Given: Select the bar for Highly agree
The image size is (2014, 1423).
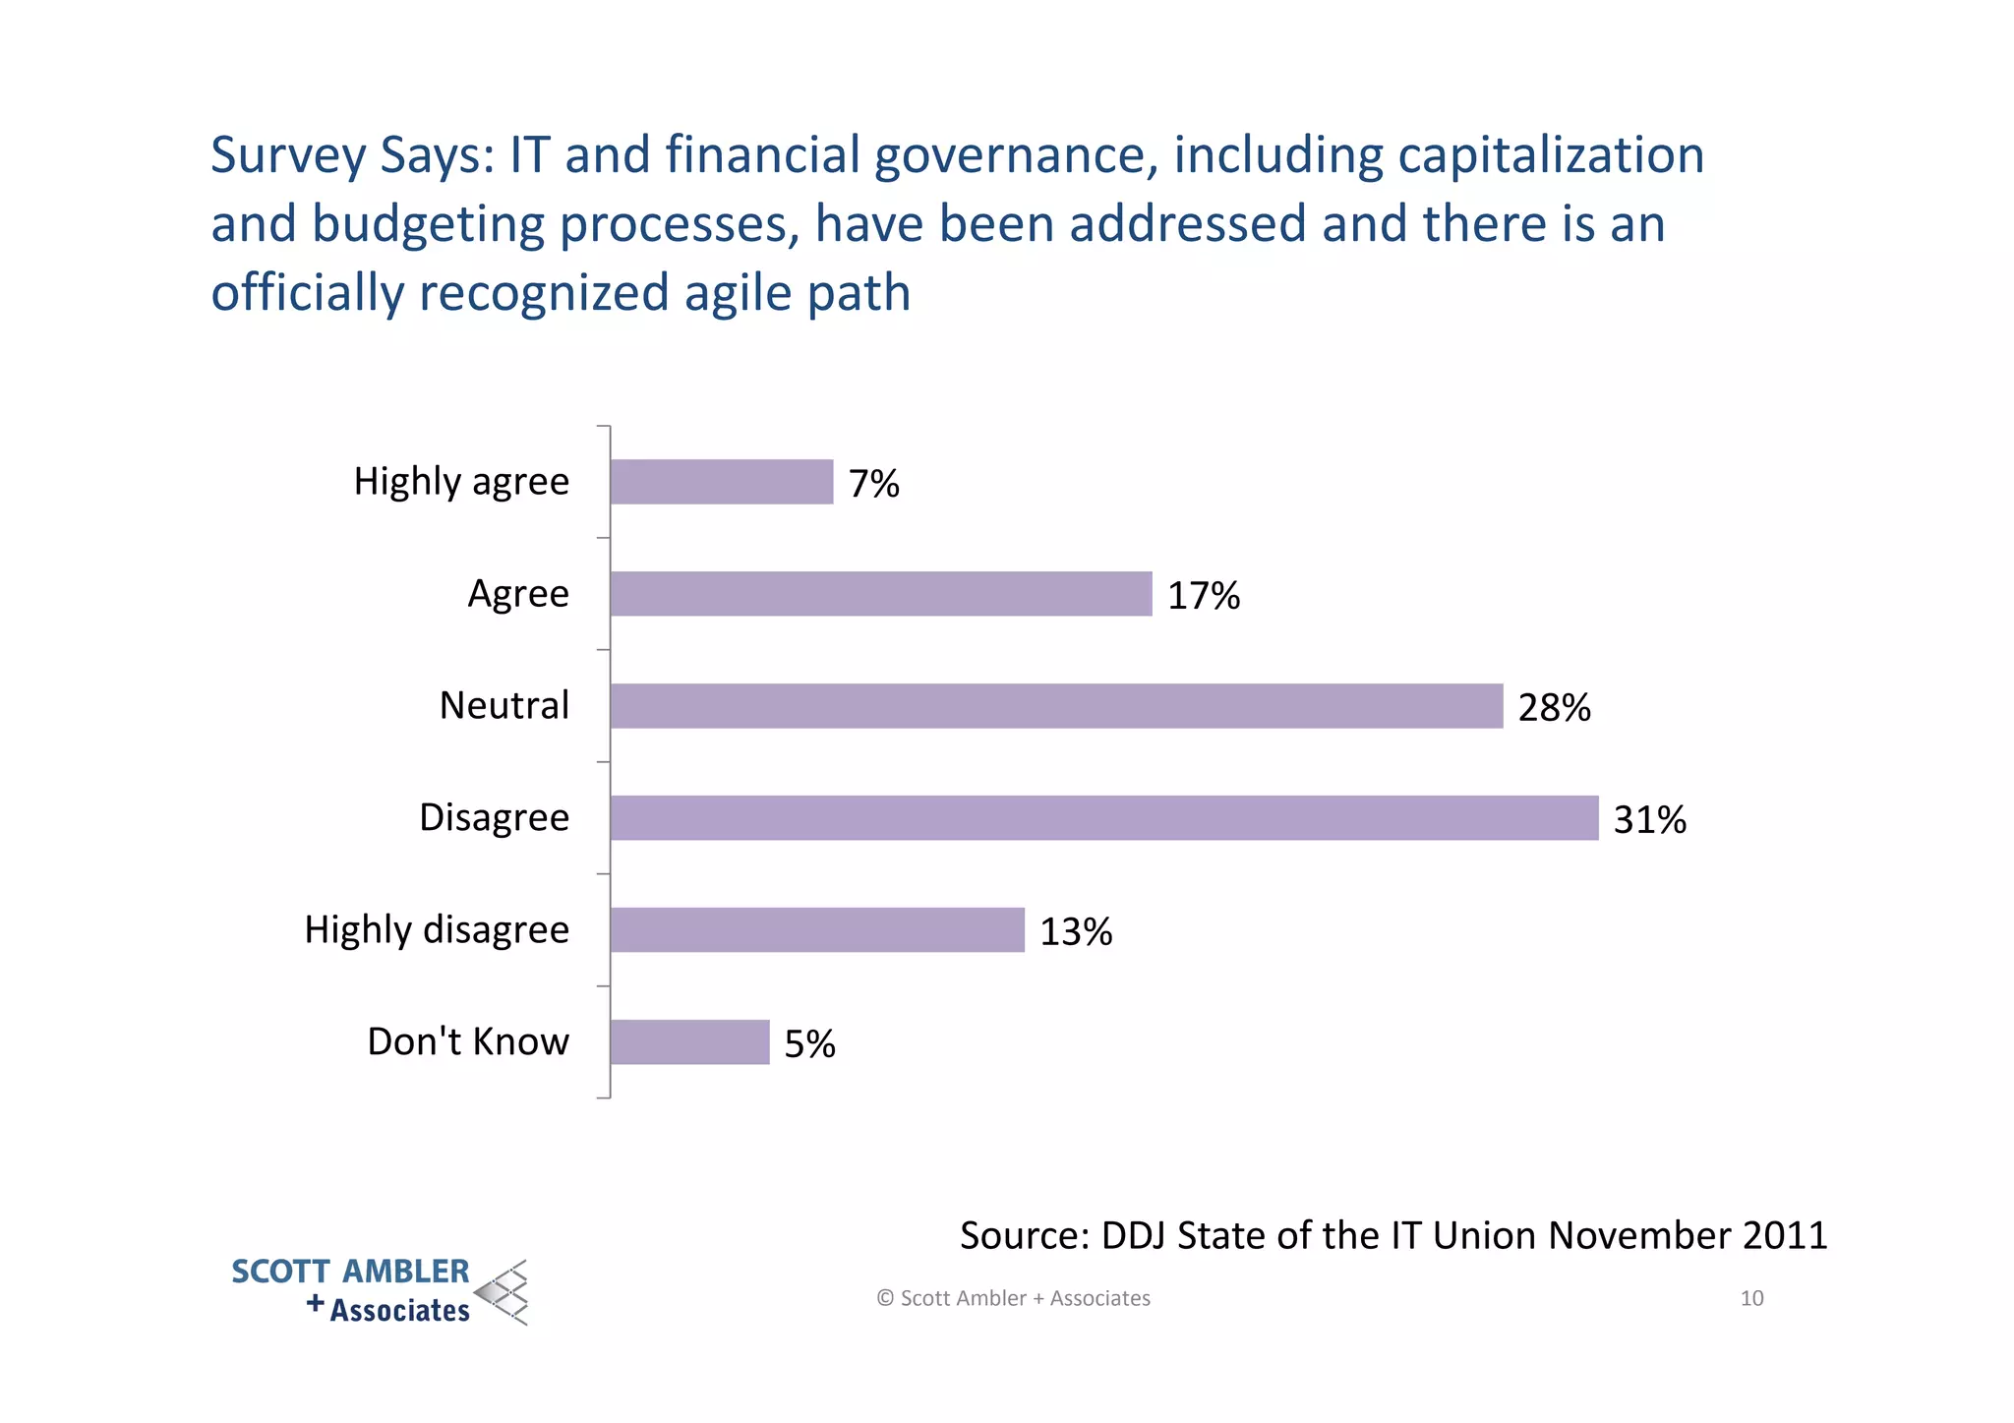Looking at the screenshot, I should coord(721,482).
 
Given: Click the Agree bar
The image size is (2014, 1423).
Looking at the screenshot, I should coord(880,594).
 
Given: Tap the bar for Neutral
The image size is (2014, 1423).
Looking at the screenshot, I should coord(1055,706).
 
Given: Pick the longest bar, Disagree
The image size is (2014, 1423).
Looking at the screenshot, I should coord(1103,818).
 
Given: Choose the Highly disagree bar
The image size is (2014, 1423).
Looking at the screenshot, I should coord(816,930).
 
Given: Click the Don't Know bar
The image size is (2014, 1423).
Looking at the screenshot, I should coord(688,1042).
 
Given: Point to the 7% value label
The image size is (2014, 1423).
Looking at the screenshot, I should coord(873,484).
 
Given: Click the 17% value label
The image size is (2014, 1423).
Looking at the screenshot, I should coord(1203,596).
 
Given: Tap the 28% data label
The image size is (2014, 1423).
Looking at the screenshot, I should coord(1554,708).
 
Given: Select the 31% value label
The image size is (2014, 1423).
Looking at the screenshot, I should coord(1649,820).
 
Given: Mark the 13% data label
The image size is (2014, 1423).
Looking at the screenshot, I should coord(1075,932).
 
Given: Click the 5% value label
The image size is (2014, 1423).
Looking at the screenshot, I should coord(809,1044).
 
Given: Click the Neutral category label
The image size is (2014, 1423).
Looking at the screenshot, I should coord(503,706).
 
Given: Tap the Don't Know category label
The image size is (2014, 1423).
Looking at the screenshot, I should coord(468,1041).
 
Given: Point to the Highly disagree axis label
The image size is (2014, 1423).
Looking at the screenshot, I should coord(437,930).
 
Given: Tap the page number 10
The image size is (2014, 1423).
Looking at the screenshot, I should coord(1751,1298).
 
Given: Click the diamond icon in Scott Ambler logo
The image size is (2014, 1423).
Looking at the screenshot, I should coord(503,1292).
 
